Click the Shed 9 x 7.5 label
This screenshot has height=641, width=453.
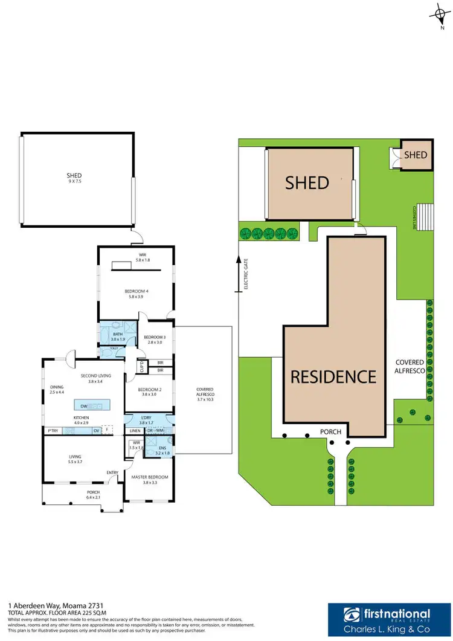coord(74,178)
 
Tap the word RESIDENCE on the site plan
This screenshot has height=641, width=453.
coord(333,376)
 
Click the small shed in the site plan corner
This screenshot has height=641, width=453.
coord(416,155)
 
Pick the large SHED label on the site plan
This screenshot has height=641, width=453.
coord(307,182)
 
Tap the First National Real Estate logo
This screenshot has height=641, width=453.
coord(388,617)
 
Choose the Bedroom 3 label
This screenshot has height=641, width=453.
coord(155,339)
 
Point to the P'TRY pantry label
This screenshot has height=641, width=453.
coord(52,431)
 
